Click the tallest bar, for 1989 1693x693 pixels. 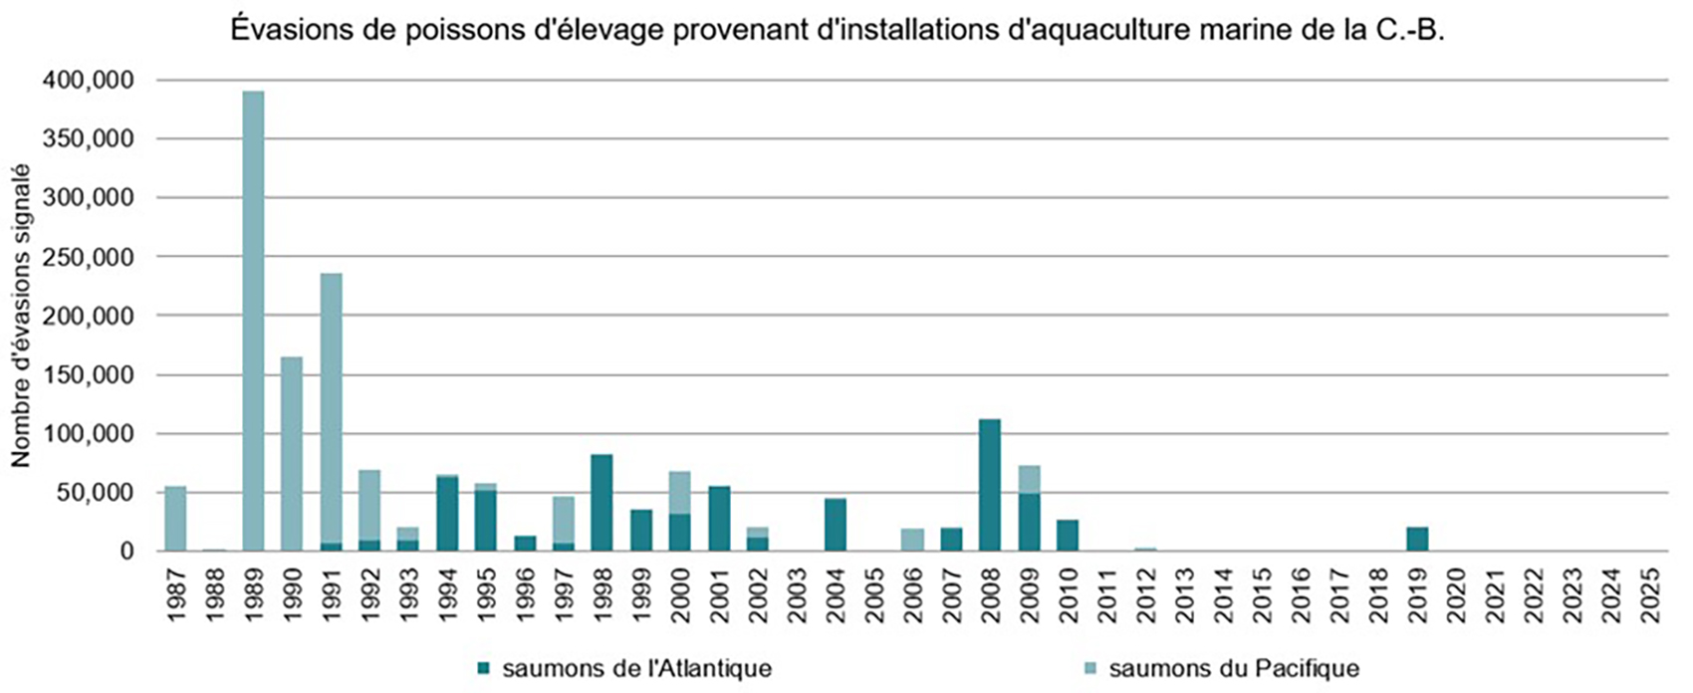coord(253,319)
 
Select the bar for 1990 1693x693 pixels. coord(292,453)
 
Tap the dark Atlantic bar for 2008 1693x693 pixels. coord(990,485)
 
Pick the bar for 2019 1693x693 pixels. coord(1417,539)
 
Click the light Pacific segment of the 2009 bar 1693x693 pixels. coord(1029,479)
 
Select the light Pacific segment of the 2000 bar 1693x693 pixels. coord(679,492)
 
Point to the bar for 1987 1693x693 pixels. coord(175,518)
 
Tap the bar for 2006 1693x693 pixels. coord(912,540)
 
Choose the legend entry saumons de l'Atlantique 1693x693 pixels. coord(635,668)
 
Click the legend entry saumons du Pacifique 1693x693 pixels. coord(1233,668)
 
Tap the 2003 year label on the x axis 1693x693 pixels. coord(797,595)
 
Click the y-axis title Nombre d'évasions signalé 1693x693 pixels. coord(22,317)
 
